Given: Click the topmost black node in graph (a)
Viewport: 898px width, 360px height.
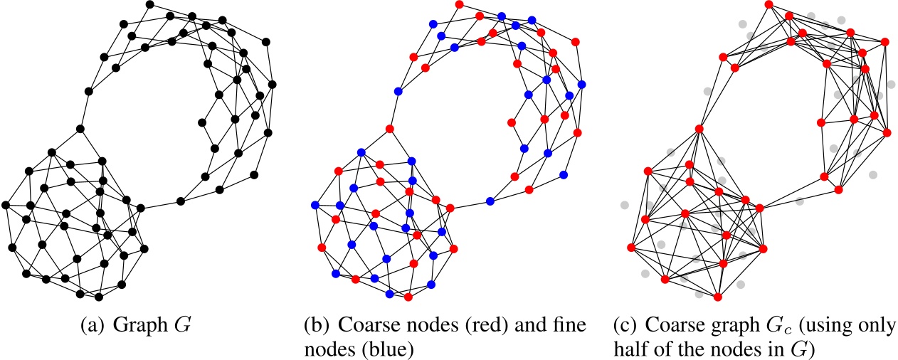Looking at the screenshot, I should point(149,5).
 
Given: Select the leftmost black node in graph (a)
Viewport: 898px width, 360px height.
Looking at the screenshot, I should point(6,206).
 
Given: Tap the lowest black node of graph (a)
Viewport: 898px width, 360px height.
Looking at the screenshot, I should point(99,296).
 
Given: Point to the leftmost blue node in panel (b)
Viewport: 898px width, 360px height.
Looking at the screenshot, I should point(315,206).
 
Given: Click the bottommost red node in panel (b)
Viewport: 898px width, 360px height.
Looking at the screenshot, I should point(408,296).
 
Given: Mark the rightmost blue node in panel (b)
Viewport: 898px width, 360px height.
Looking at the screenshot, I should point(581,85).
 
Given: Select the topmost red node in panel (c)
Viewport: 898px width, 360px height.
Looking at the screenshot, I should point(768,5).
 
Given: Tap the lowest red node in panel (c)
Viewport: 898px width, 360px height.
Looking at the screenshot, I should point(718,296).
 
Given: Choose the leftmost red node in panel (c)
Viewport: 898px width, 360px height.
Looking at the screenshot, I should point(630,248).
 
